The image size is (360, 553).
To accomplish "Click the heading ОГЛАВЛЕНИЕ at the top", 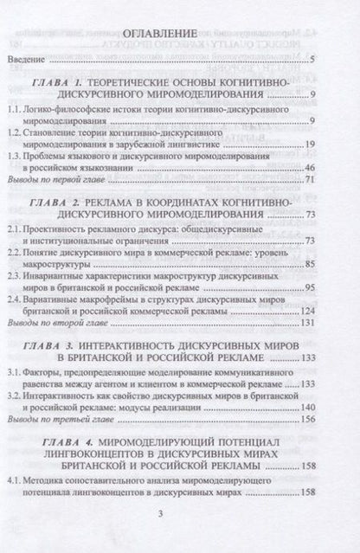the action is [x=179, y=39].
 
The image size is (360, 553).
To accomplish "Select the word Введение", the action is [x=36, y=61].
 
